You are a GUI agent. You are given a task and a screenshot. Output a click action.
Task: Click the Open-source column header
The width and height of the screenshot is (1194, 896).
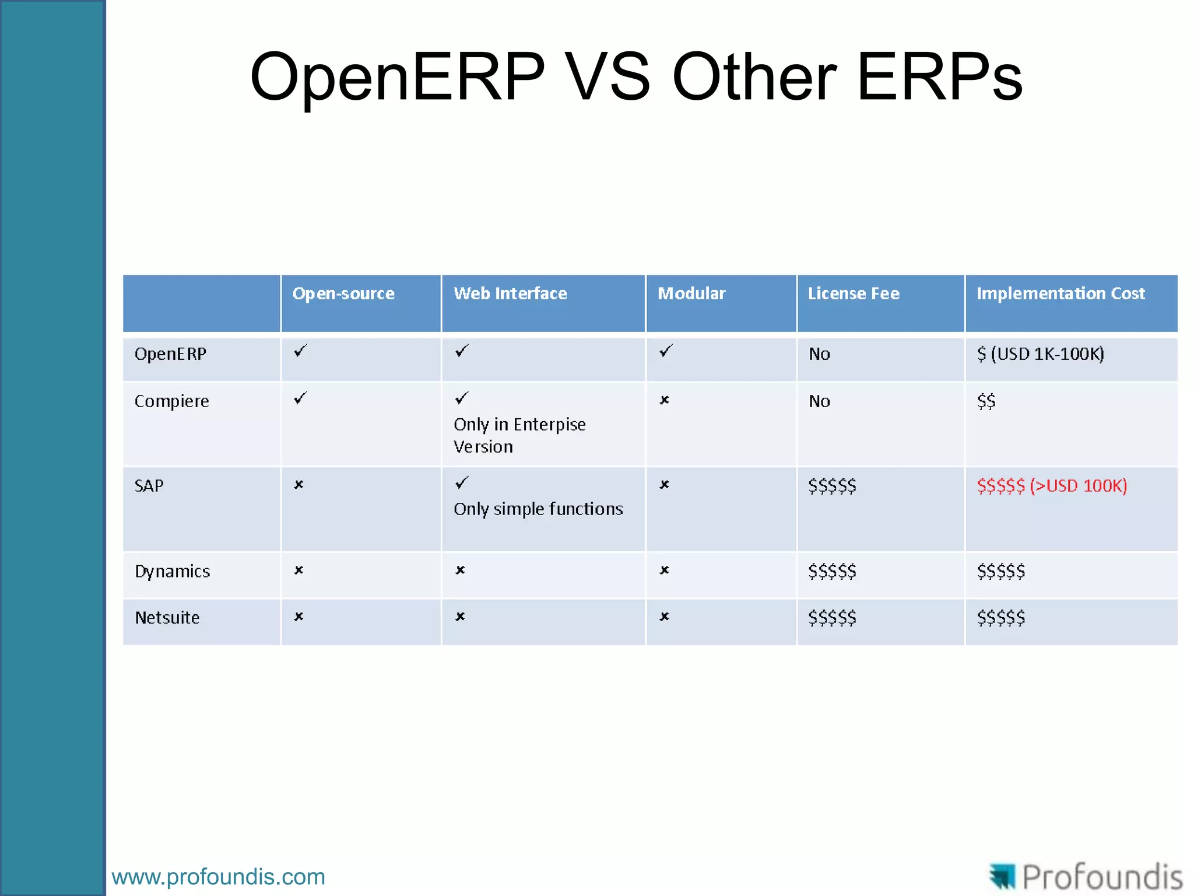(343, 293)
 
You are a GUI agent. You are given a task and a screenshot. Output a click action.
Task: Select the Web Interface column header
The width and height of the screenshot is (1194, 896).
(510, 293)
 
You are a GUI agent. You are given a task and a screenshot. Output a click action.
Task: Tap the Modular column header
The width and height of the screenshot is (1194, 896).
(691, 293)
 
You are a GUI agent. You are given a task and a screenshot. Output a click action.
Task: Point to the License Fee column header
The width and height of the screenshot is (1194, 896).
(854, 293)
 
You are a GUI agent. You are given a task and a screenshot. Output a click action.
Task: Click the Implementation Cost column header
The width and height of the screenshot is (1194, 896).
(1060, 293)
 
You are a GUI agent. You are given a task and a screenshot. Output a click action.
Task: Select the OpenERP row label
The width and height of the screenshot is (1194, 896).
(170, 354)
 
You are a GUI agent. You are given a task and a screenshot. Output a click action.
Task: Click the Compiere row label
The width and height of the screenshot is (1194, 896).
(171, 401)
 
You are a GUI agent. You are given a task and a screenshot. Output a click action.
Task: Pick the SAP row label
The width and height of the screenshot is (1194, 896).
(149, 486)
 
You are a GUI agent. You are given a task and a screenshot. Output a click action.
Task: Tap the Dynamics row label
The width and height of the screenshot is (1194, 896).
(172, 571)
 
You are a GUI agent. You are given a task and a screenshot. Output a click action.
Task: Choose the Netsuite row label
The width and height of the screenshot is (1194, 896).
(167, 618)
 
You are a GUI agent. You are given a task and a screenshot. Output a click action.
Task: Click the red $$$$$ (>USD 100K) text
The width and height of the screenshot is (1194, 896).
(1052, 486)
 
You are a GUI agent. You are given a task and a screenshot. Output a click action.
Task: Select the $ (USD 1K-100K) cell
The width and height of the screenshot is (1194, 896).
(1040, 354)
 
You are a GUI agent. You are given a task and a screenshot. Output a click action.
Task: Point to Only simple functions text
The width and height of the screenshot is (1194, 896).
(538, 509)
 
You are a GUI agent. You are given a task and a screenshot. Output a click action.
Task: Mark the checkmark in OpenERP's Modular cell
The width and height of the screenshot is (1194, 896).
(666, 351)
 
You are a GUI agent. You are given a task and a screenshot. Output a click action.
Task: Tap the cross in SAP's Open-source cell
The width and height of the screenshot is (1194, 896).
(298, 485)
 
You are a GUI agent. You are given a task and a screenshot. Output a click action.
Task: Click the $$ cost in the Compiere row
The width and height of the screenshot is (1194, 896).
(986, 401)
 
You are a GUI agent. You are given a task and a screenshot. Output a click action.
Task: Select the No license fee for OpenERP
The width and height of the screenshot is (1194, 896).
(819, 354)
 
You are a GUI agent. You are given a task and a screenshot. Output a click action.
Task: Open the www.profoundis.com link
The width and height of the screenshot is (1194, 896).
(218, 877)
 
